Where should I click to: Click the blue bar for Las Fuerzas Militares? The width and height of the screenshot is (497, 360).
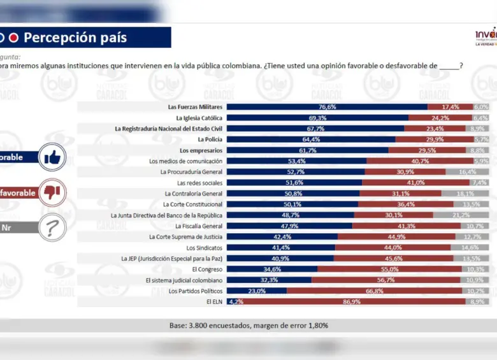click(327, 107)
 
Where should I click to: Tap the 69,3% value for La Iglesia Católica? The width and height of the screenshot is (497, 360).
click(317, 118)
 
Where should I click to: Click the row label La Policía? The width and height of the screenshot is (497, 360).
click(210, 140)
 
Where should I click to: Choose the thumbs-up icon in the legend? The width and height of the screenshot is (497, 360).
click(52, 157)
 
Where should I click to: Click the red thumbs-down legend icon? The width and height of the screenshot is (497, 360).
click(52, 192)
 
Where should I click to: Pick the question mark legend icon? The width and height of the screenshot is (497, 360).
click(52, 227)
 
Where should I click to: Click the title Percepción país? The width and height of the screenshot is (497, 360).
click(75, 38)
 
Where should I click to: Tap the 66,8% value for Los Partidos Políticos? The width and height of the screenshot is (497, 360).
click(374, 291)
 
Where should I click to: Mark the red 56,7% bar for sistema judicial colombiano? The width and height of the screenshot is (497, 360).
click(385, 280)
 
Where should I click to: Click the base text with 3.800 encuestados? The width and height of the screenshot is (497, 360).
click(248, 326)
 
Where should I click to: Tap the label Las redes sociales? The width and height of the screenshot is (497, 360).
click(199, 183)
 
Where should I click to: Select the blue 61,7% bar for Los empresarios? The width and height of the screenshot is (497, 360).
click(307, 150)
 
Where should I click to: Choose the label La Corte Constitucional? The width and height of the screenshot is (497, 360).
click(192, 205)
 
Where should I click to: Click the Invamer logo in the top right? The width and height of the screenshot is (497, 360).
click(486, 36)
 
